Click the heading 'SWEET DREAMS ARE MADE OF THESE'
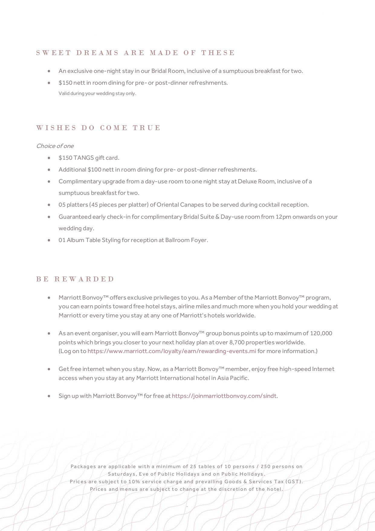(135, 53)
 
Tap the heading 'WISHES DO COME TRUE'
(98, 128)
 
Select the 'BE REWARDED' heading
(75, 279)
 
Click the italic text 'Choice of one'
(55, 146)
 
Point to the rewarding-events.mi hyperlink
(172, 351)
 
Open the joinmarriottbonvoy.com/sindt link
(224, 396)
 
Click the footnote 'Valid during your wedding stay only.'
(97, 93)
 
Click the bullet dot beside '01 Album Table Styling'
(49, 240)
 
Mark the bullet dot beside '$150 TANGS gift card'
(49, 158)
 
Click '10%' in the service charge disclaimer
(134, 482)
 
